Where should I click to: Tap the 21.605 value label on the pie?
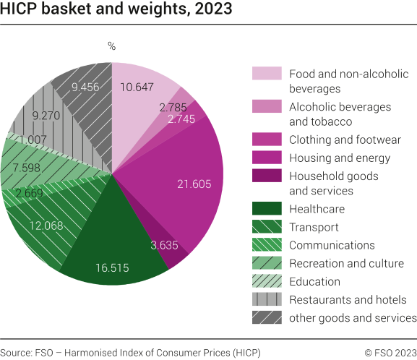pyautogui.click(x=194, y=184)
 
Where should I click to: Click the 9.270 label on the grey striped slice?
pyautogui.click(x=48, y=114)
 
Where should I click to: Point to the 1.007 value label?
pyautogui.click(x=33, y=140)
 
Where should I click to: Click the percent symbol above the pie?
pyautogui.click(x=111, y=46)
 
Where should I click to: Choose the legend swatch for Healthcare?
pyautogui.click(x=265, y=210)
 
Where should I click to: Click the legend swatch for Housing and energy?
pyautogui.click(x=265, y=158)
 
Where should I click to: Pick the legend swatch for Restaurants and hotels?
pyautogui.click(x=265, y=300)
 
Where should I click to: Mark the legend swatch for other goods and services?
pyautogui.click(x=265, y=318)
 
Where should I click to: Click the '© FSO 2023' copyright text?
pyautogui.click(x=390, y=352)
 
